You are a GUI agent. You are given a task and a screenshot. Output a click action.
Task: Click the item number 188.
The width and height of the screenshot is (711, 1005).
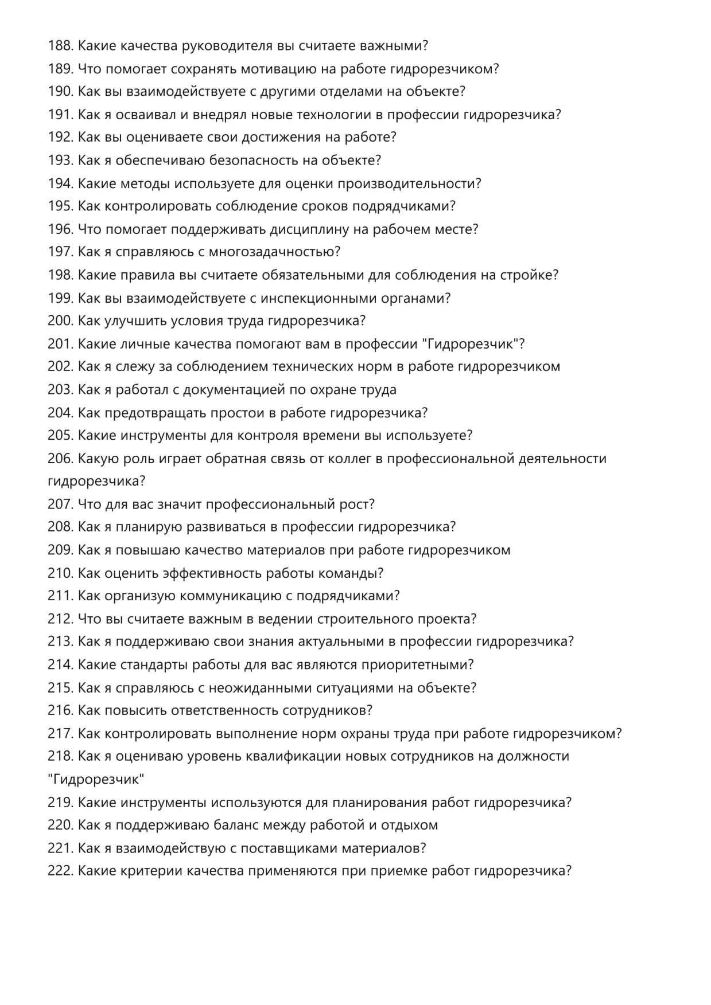60,46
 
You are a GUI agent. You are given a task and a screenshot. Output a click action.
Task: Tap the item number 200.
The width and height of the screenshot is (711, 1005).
60,321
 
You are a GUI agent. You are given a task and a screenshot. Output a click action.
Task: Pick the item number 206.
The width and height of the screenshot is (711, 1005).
60,459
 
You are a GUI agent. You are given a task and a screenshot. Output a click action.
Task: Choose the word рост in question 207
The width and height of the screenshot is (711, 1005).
356,505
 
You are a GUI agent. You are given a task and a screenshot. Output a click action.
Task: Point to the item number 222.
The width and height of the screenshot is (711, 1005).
60,871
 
